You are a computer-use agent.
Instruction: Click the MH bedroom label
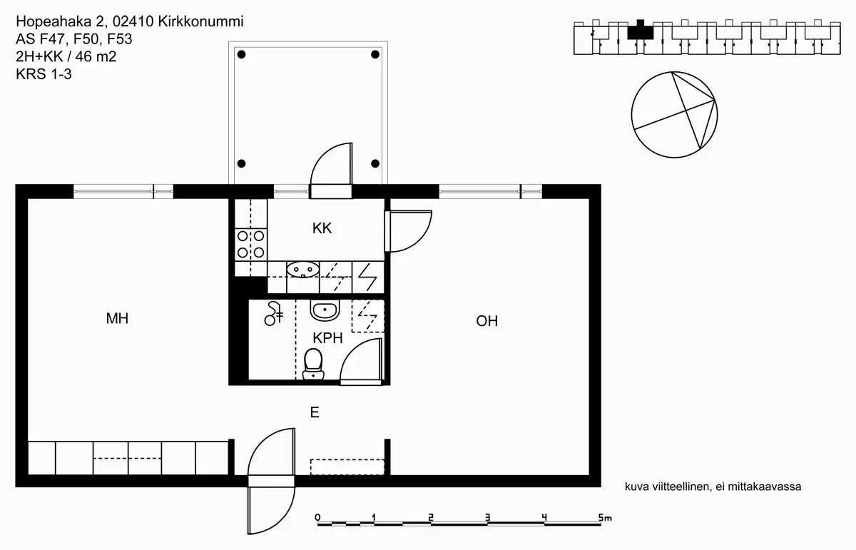click(x=117, y=319)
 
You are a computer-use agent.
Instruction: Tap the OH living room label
click(x=486, y=321)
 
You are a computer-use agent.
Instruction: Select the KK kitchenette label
click(x=322, y=228)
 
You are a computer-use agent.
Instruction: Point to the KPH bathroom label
click(x=328, y=338)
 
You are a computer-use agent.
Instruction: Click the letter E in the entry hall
click(x=313, y=412)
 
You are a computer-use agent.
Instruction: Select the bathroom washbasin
click(x=325, y=311)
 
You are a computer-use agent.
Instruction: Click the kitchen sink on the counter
click(x=302, y=269)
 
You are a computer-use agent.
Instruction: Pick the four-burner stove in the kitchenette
click(x=250, y=243)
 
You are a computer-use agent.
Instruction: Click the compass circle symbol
click(x=674, y=113)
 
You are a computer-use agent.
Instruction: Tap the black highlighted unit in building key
click(x=640, y=30)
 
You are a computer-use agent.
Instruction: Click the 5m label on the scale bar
click(x=606, y=517)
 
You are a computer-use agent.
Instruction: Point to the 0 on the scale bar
click(x=317, y=517)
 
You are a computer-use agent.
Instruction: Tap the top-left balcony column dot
click(x=242, y=54)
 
